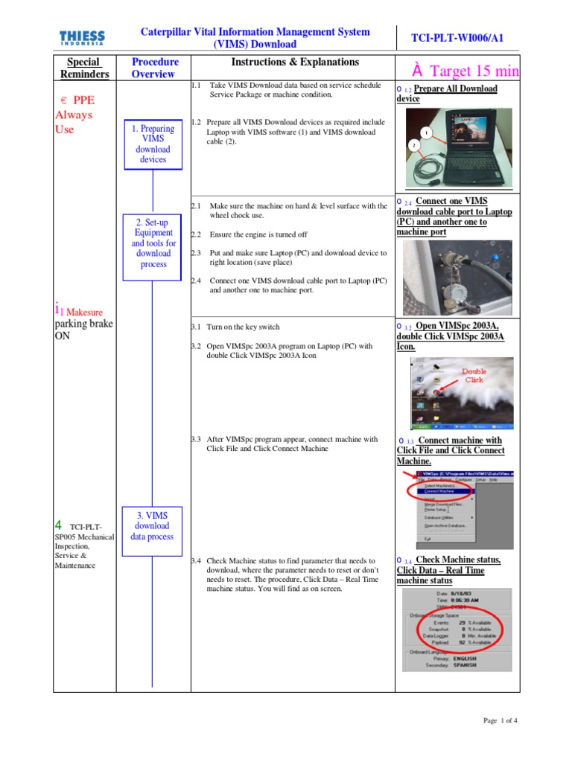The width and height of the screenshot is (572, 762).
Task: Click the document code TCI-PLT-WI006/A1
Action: (x=457, y=38)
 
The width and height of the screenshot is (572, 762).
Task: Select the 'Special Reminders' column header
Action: (x=84, y=68)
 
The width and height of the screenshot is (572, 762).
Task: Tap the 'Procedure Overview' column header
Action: (x=153, y=68)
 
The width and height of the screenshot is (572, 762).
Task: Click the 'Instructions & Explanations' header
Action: (x=295, y=63)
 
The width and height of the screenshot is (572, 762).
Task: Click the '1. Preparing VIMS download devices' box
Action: (x=153, y=144)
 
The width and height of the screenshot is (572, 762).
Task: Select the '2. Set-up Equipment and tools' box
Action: (x=153, y=243)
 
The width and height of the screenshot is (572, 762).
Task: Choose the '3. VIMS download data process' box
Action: (x=153, y=525)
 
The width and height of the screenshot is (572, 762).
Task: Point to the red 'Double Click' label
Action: (x=474, y=376)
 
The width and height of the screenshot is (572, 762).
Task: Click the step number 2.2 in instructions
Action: (x=196, y=234)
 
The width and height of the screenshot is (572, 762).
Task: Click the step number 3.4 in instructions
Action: (x=196, y=560)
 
